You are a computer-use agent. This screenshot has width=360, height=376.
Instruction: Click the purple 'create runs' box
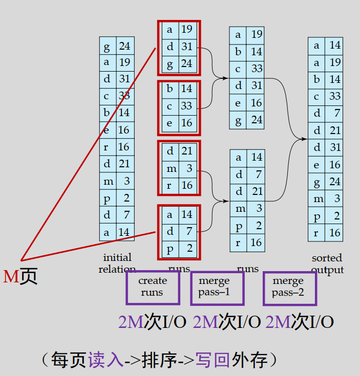tap(153, 287)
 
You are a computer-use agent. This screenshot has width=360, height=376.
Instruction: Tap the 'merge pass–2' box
tap(288, 287)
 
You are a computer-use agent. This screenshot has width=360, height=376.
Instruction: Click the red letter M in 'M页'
tap(11, 277)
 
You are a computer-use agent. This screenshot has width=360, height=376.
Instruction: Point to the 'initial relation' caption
tap(117, 263)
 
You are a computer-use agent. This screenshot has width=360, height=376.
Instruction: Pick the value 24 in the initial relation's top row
tap(124, 47)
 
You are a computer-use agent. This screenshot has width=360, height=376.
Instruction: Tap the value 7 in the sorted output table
tap(335, 114)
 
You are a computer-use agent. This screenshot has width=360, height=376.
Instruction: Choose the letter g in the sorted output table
tap(316, 182)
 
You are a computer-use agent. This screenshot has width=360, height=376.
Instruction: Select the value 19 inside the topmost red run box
tap(186, 30)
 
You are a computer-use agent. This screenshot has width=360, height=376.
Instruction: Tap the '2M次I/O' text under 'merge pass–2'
tap(300, 322)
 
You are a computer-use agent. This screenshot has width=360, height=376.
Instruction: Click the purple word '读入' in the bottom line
tap(106, 360)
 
